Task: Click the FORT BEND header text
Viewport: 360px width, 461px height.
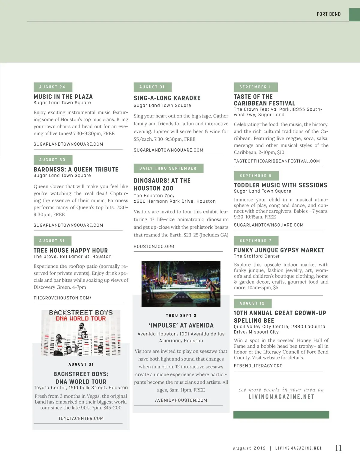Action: (x=328, y=14)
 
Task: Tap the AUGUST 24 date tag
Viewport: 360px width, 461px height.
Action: (x=53, y=87)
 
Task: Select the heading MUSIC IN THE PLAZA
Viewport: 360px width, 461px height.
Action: (x=63, y=97)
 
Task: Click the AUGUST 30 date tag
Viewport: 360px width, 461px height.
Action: (x=53, y=160)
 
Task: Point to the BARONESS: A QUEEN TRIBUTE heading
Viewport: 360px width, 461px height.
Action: (x=76, y=169)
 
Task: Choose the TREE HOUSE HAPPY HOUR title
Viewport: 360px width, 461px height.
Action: (x=70, y=250)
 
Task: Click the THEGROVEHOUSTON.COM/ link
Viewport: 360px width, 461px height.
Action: (x=62, y=298)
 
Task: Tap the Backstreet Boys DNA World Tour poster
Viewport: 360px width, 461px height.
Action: (x=81, y=333)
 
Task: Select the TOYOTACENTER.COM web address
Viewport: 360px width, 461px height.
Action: (x=81, y=418)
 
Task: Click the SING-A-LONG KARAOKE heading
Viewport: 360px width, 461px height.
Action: (x=167, y=98)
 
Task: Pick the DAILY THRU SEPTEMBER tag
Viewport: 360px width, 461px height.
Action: (x=168, y=168)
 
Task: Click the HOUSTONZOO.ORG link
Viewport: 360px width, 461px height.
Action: (x=154, y=246)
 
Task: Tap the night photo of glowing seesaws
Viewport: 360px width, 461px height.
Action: (x=181, y=284)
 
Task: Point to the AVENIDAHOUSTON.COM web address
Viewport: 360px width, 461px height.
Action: (x=181, y=400)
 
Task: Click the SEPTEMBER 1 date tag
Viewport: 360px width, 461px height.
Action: (x=256, y=87)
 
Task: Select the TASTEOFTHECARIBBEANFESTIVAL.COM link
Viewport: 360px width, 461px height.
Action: (x=277, y=161)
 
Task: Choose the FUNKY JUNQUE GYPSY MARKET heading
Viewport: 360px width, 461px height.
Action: (x=279, y=250)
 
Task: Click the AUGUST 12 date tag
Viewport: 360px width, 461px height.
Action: (x=252, y=303)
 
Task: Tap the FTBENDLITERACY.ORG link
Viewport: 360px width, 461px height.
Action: (x=258, y=366)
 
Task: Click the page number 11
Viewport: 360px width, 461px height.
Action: (x=338, y=448)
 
